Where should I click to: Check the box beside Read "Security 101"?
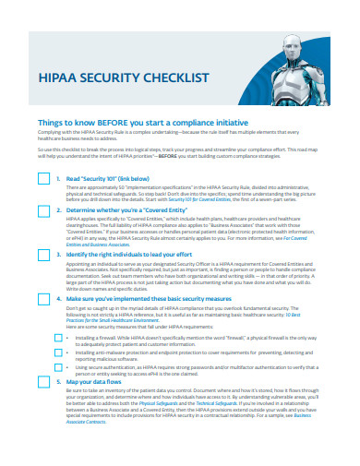pos(43,181)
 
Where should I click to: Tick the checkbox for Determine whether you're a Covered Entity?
pos(43,212)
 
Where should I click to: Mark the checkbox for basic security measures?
pos(43,300)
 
